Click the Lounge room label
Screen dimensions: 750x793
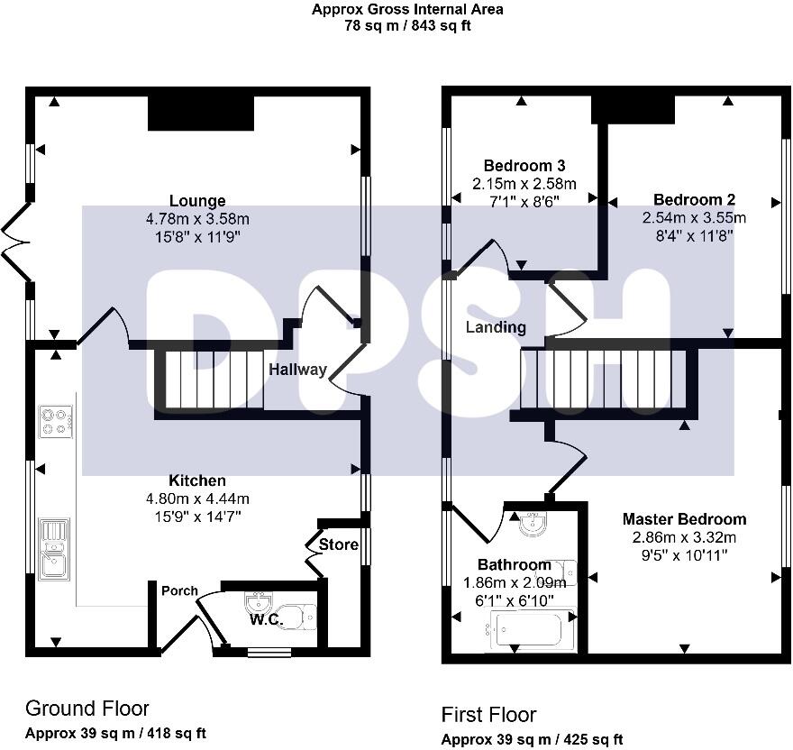(x=197, y=200)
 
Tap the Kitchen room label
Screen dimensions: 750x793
(x=197, y=480)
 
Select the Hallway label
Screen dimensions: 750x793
(x=297, y=370)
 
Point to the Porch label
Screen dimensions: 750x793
(x=179, y=591)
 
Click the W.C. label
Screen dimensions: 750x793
(x=267, y=620)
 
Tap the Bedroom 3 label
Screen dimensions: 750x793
(x=524, y=166)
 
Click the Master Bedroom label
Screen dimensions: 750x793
(x=684, y=519)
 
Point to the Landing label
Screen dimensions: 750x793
(x=496, y=327)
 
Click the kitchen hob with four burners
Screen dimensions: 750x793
(x=56, y=422)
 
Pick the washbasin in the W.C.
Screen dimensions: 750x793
(x=260, y=600)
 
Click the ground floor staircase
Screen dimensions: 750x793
(x=213, y=380)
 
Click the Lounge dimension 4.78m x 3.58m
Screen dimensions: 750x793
(x=197, y=218)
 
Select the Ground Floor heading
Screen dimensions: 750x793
(x=87, y=709)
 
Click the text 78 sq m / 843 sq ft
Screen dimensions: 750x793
(x=407, y=25)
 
